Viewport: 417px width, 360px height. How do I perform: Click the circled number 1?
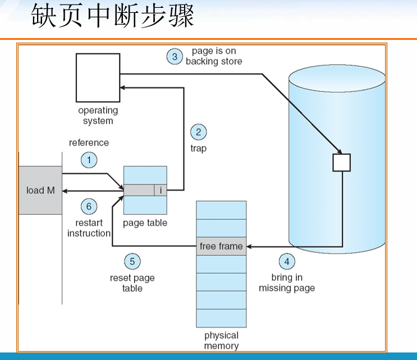click(x=89, y=160)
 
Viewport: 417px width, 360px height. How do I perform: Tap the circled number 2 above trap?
click(x=198, y=132)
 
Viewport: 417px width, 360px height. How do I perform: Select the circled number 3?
click(x=175, y=57)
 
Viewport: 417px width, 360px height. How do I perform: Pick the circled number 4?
click(x=286, y=261)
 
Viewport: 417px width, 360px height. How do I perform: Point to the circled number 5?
click(x=132, y=261)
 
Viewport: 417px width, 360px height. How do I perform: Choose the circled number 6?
click(x=88, y=206)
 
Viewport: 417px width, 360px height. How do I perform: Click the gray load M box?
click(x=40, y=190)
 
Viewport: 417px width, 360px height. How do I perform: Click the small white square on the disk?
click(x=341, y=163)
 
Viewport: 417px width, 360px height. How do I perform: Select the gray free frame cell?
click(x=221, y=246)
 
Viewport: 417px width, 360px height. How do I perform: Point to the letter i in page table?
click(x=161, y=191)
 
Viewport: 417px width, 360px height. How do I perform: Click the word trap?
click(x=198, y=149)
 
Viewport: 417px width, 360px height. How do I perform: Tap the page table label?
click(x=145, y=223)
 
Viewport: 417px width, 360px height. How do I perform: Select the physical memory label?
click(x=221, y=341)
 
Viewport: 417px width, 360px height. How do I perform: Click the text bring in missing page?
click(x=287, y=283)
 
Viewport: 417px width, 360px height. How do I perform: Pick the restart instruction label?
click(x=89, y=228)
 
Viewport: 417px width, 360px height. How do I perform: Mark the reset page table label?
click(x=132, y=283)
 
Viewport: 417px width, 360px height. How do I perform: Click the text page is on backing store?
click(x=214, y=56)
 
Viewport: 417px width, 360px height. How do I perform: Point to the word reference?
click(x=89, y=142)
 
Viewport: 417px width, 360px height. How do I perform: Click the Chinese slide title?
click(x=113, y=16)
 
